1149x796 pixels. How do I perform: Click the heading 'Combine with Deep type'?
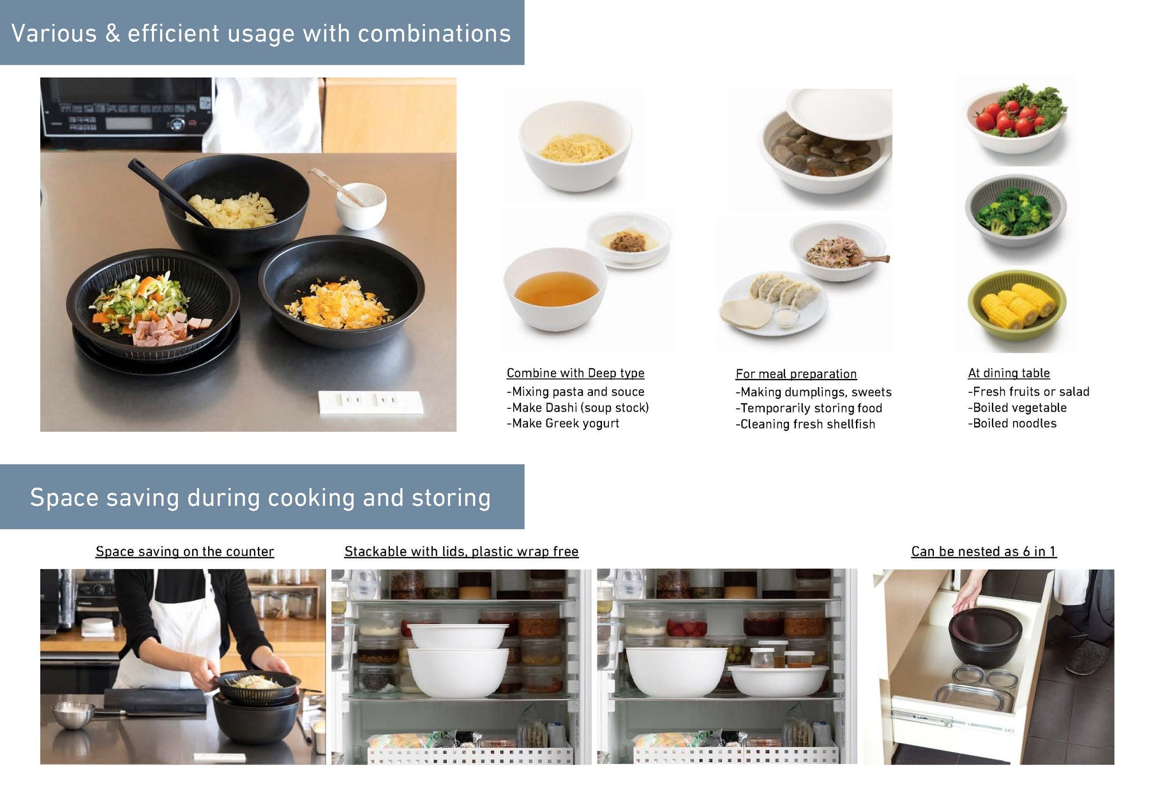[x=575, y=373]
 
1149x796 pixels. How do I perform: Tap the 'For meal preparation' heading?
[x=796, y=374]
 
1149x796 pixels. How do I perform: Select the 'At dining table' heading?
[x=1009, y=373]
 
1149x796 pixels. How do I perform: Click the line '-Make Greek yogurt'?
[x=562, y=423]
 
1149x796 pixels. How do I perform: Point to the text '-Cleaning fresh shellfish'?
[x=805, y=424]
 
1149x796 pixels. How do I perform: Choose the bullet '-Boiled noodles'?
[x=1012, y=423]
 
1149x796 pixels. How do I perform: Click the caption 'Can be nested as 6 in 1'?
[x=984, y=551]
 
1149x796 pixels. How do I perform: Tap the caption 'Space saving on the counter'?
[x=184, y=551]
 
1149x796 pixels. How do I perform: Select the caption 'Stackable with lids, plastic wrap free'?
[x=462, y=551]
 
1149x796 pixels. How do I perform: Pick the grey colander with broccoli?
[x=1016, y=211]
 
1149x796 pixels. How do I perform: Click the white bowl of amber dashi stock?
[x=555, y=289]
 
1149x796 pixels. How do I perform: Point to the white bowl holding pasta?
[x=575, y=146]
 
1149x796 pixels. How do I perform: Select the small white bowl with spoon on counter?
[x=361, y=206]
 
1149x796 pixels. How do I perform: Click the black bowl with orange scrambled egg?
[x=342, y=291]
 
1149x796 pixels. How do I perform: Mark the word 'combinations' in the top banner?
[x=434, y=33]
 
